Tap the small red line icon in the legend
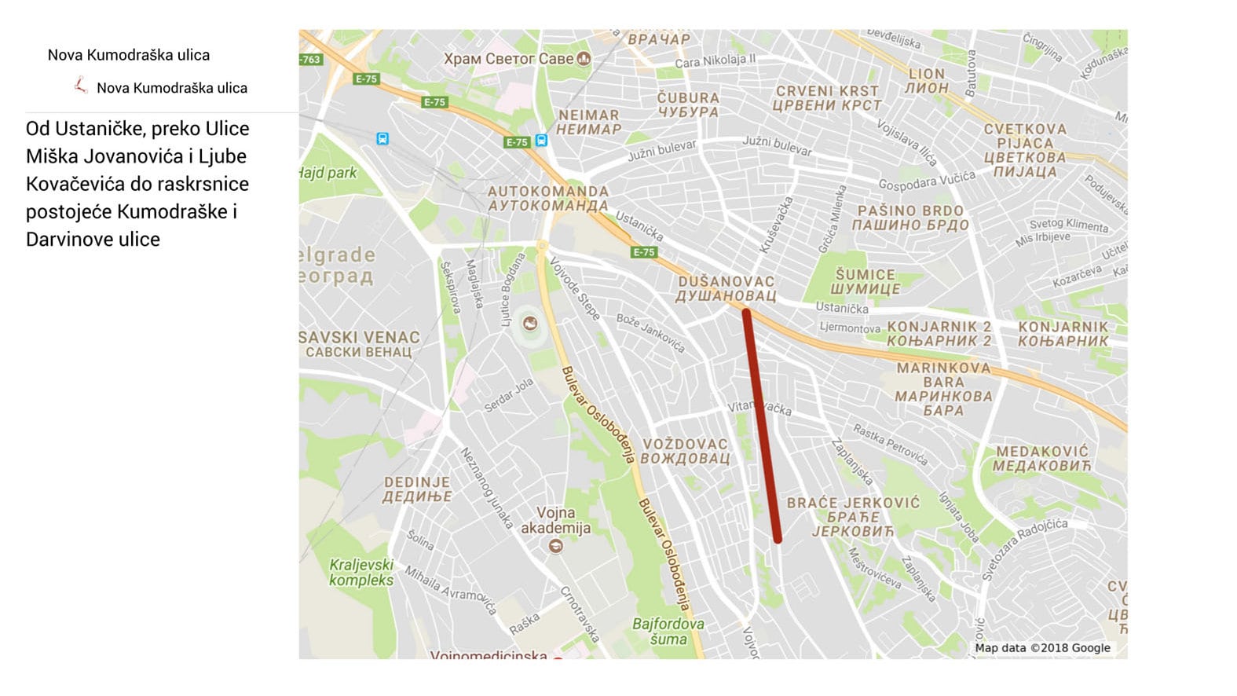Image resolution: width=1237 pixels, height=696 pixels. pos(80,86)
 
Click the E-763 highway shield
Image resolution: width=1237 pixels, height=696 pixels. pos(309,59)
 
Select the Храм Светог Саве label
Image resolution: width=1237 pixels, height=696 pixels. pos(509,59)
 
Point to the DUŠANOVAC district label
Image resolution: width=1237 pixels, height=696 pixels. pos(726,288)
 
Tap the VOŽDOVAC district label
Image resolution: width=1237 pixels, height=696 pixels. pos(685,451)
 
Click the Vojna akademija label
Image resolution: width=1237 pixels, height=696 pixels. pos(555,520)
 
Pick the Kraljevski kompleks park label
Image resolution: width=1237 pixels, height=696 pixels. pos(361,572)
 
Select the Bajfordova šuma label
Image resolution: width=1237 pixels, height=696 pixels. pos(668,631)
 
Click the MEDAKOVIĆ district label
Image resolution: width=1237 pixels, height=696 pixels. pos(1042,459)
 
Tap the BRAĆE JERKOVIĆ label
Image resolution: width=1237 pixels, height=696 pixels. pos(853,516)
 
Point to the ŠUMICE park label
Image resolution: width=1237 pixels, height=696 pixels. pos(866,281)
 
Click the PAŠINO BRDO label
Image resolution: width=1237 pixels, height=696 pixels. pos(910,218)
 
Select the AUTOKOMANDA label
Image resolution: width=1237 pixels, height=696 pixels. pos(548,198)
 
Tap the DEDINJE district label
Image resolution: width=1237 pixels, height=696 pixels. pos(417,489)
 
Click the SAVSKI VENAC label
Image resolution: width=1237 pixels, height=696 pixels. pos(359,344)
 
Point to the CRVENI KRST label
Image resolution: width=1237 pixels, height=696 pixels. pos(827,98)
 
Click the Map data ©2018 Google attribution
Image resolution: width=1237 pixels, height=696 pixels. pos(1042,648)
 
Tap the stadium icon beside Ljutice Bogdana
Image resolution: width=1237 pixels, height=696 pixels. pos(530,323)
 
